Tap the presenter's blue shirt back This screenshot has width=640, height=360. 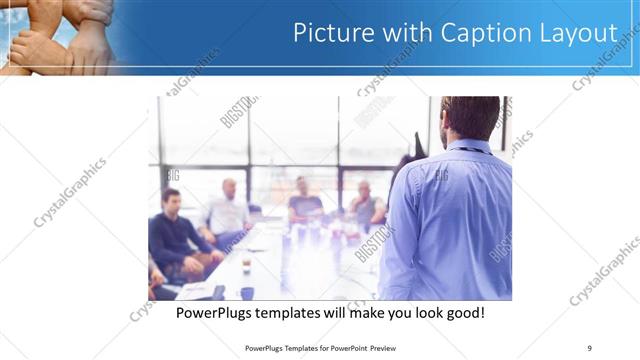tap(450, 220)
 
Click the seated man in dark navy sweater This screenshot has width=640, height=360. tap(176, 230)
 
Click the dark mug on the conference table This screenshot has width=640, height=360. tap(246, 266)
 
